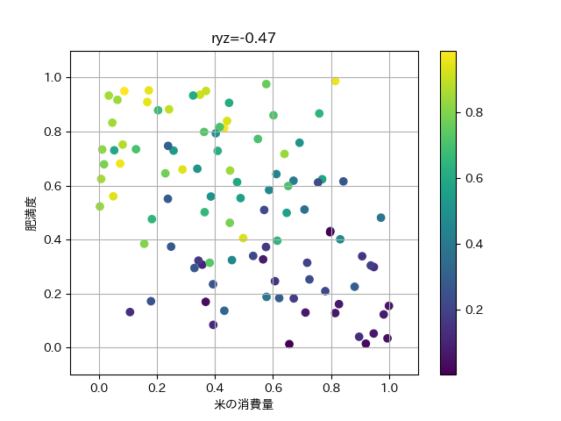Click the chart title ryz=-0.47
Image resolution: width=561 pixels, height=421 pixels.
point(244,38)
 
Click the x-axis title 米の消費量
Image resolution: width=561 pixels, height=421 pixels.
point(244,404)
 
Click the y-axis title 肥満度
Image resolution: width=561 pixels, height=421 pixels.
point(32,214)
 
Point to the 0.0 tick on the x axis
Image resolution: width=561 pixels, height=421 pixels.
point(100,388)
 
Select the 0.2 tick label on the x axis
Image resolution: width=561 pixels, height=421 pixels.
point(158,388)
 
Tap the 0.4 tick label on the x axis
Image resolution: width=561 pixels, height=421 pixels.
point(216,388)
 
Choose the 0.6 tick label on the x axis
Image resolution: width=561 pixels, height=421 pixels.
point(273,388)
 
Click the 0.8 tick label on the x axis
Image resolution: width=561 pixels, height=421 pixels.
point(331,388)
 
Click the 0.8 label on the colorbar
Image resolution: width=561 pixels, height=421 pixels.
point(473,112)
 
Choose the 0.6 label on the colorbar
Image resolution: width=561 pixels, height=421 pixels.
point(473,178)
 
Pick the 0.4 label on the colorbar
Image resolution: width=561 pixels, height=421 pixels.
point(473,244)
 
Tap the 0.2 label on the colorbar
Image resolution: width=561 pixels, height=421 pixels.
point(473,310)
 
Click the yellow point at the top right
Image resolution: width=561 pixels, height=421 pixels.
point(335,82)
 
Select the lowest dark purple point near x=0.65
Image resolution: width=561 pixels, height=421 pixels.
point(289,344)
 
